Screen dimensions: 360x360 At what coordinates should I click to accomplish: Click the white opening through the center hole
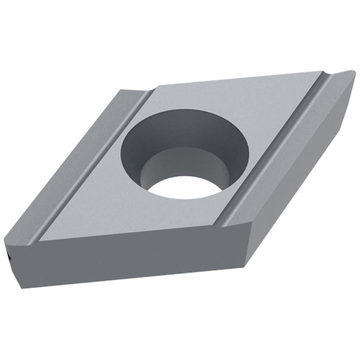coord(187,187)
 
